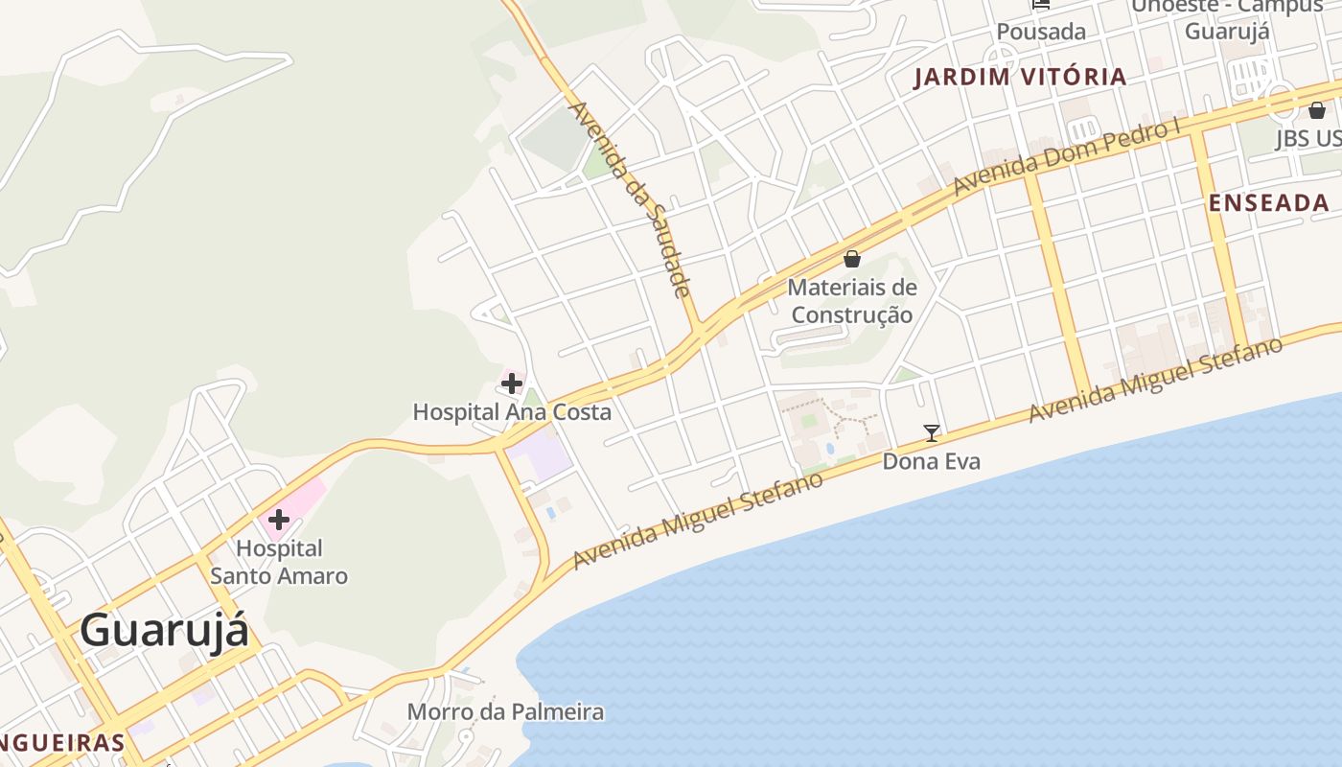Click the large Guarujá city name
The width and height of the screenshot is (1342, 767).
164,631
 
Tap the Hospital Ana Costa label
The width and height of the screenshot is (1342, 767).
512,412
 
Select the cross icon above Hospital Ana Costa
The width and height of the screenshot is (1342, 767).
512,384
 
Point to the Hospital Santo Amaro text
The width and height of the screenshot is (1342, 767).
279,562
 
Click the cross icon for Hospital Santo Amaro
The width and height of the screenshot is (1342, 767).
279,521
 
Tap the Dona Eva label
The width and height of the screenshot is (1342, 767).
931,462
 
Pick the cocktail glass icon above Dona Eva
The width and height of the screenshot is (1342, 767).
931,433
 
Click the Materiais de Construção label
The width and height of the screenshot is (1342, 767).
852,300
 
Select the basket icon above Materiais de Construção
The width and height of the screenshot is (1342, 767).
852,259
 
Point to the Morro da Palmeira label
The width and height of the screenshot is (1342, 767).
505,712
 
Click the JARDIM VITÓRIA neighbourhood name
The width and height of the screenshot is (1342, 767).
1020,78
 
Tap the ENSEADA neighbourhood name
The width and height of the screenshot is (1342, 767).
1268,203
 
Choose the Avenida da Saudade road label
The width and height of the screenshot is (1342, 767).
631,199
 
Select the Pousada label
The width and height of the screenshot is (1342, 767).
1041,32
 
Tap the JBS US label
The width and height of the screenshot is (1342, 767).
1307,139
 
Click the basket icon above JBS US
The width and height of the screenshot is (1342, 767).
1317,110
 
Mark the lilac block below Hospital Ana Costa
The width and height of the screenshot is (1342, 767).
539,453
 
